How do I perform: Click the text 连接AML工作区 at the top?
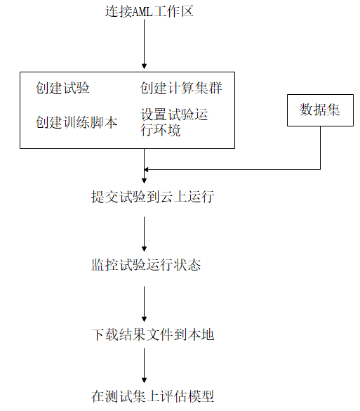click(x=144, y=12)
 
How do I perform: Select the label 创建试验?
click(x=63, y=89)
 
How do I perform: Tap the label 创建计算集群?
click(x=182, y=89)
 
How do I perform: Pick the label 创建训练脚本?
click(x=76, y=123)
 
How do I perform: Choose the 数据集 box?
click(x=321, y=110)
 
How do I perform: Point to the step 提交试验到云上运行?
click(x=152, y=197)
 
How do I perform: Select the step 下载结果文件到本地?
click(x=152, y=335)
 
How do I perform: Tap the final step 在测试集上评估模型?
click(x=152, y=396)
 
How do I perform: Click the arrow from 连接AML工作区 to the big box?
click(x=144, y=45)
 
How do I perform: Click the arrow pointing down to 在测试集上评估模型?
click(x=144, y=365)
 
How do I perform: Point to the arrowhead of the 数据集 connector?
click(x=148, y=169)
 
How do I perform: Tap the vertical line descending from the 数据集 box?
click(x=321, y=148)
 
